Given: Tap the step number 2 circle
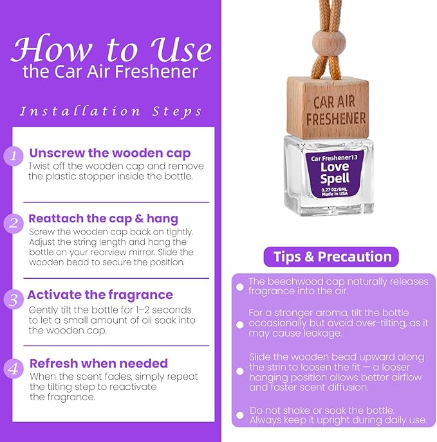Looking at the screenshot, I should [14, 224].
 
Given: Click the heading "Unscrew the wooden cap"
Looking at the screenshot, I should [109, 153].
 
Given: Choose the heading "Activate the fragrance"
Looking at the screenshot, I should [100, 295].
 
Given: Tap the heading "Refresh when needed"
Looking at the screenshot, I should [98, 364].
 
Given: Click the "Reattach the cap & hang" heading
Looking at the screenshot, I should [103, 219].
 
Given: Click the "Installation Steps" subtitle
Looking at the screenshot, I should [111, 111].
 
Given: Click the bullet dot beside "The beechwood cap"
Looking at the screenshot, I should [240, 287].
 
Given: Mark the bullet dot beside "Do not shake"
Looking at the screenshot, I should [240, 414].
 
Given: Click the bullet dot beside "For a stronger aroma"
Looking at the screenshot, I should [240, 324].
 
